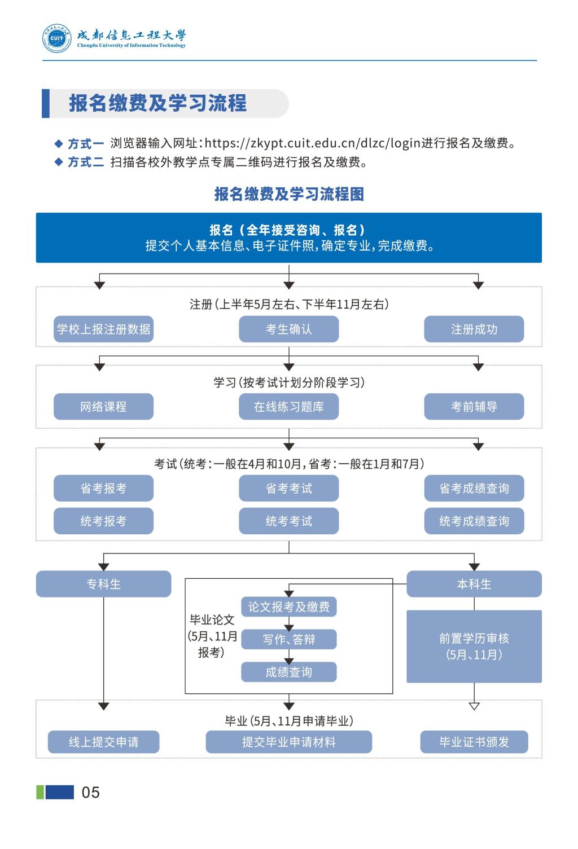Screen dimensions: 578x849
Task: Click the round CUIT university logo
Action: (x=57, y=38)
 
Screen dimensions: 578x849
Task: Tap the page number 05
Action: (x=91, y=792)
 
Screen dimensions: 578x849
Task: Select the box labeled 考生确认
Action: (x=288, y=329)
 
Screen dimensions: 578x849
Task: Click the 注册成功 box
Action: (x=474, y=329)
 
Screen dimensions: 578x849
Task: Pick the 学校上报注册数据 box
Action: (x=103, y=329)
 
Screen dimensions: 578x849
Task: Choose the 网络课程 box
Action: (x=103, y=406)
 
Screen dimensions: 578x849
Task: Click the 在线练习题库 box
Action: (x=288, y=406)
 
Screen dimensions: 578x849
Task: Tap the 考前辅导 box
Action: (x=474, y=406)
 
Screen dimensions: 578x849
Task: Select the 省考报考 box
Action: (x=103, y=488)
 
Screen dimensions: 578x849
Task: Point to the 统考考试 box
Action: (x=288, y=521)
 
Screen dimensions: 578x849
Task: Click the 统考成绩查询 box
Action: (x=474, y=521)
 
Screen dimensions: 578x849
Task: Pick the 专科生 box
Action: (x=103, y=584)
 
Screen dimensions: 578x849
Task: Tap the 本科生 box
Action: (x=474, y=584)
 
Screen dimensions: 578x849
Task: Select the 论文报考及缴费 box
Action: (x=288, y=607)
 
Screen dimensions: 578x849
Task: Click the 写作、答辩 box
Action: (x=288, y=639)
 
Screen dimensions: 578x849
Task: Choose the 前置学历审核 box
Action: (x=474, y=646)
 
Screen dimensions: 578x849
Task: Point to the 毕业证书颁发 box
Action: (x=474, y=742)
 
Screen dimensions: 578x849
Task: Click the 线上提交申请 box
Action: (x=103, y=742)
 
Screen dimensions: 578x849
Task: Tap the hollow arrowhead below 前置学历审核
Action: (x=474, y=706)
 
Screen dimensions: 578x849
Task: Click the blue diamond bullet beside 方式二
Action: (x=58, y=162)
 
